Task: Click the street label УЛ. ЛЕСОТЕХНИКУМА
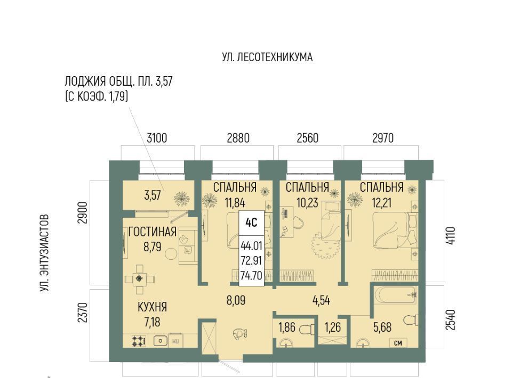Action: tap(267, 57)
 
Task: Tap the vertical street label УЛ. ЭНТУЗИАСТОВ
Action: tap(44, 253)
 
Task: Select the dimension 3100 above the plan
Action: tap(157, 138)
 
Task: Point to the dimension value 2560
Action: tap(307, 138)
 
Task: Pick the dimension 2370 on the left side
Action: tap(84, 313)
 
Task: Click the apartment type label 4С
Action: tap(251, 223)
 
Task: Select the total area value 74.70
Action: tap(251, 276)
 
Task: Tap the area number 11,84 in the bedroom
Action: tap(235, 203)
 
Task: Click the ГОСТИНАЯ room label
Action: tap(152, 232)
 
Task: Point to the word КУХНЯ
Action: tap(152, 307)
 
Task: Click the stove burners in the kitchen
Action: tap(139, 341)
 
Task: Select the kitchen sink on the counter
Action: tap(161, 341)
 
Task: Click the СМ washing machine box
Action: tap(398, 343)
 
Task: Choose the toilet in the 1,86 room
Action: tap(307, 328)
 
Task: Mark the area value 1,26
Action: tap(333, 327)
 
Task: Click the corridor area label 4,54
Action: tap(321, 300)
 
